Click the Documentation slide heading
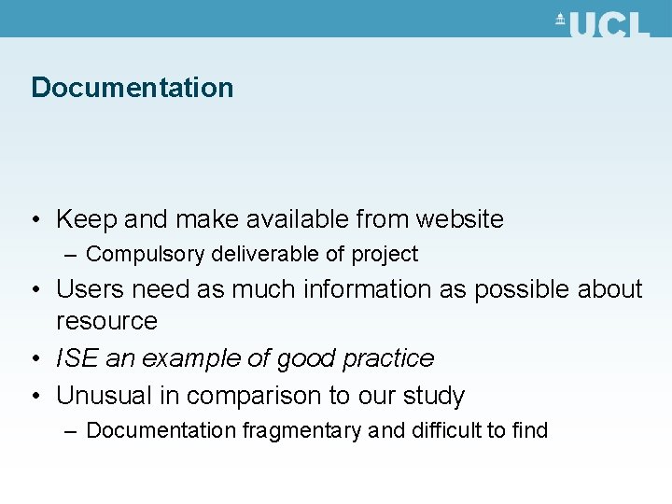(x=132, y=88)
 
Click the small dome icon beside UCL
(x=561, y=21)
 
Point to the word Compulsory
(x=147, y=254)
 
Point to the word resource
(x=106, y=320)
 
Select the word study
(x=433, y=396)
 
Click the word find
(x=528, y=430)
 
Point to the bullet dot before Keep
(x=35, y=220)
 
